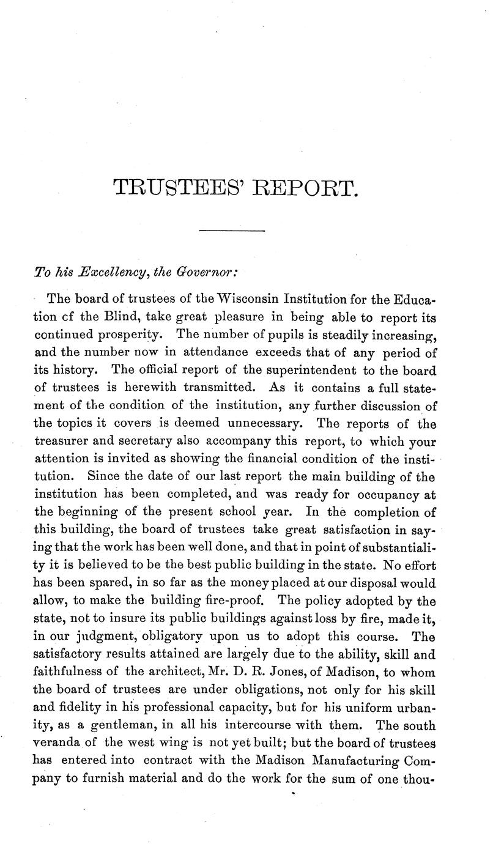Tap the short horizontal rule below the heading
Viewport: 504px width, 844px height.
(x=232, y=231)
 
